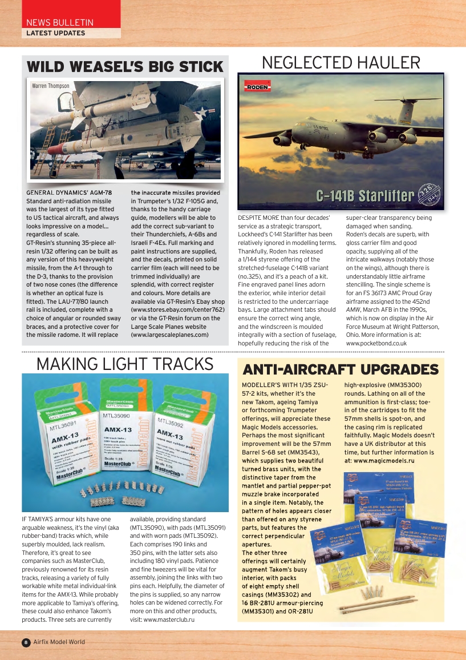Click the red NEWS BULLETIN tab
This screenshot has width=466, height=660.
pos(60,22)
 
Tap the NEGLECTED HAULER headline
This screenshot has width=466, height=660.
pos(341,63)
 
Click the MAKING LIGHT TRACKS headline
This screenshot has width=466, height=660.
pos(125,364)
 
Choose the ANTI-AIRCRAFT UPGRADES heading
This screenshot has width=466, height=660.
pos(341,369)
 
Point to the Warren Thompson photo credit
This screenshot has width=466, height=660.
pos(51,86)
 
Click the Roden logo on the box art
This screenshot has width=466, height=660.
pos(257,87)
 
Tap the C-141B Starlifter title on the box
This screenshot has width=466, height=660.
pos(365,196)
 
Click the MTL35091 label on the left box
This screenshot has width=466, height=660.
pos(63,425)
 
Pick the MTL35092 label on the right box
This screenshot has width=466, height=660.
pos(169,425)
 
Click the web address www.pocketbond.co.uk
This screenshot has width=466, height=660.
pos(376,343)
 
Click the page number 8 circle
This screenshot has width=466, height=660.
pos(26,642)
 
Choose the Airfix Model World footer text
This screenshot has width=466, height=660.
pos(59,642)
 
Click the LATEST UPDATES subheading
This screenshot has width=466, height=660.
pos(55,33)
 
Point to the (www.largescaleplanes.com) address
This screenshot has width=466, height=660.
pos(169,335)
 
